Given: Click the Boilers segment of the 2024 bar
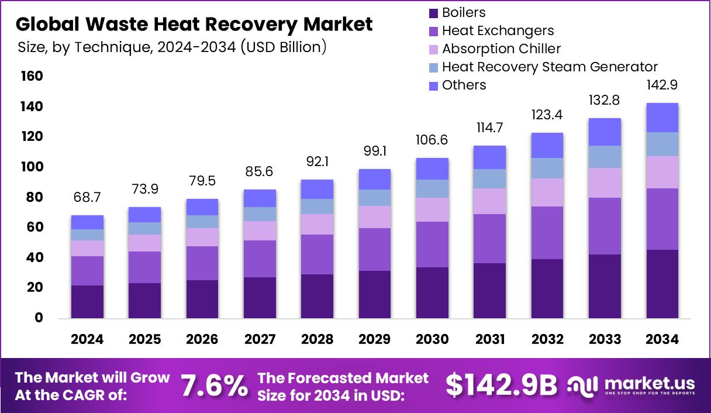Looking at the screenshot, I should (x=87, y=302).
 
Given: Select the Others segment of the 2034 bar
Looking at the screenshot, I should (x=662, y=118).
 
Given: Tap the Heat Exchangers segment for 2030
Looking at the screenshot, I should (x=432, y=245).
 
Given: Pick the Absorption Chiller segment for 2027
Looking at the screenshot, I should (x=260, y=230).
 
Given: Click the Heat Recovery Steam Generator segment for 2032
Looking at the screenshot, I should (x=547, y=168).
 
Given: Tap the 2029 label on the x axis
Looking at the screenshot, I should (x=375, y=339).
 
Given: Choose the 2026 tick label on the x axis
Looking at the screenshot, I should (x=202, y=339).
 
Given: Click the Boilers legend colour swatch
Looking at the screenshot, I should (x=433, y=13).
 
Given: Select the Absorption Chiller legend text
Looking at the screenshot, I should (x=501, y=49).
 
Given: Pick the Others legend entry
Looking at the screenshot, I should (x=464, y=85).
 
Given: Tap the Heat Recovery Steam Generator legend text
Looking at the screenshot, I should (x=550, y=67).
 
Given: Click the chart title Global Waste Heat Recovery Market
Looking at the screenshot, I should (x=194, y=24).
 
